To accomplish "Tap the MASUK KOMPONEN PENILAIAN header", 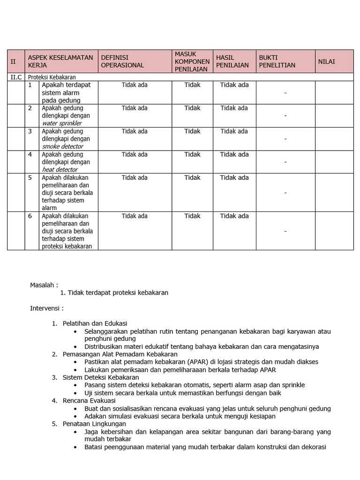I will pyautogui.click(x=192, y=61).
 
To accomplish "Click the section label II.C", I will pyautogui.click(x=16, y=77).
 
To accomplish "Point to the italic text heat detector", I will pyautogui.click(x=60, y=170).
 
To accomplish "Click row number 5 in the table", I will pyautogui.click(x=30, y=178).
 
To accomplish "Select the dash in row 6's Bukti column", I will pyautogui.click(x=285, y=231).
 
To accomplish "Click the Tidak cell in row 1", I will pyautogui.click(x=192, y=85).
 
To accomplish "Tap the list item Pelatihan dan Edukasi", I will pyautogui.click(x=95, y=323).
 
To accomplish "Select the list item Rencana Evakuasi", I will pyautogui.click(x=89, y=400).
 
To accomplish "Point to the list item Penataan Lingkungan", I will pyautogui.click(x=94, y=424).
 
